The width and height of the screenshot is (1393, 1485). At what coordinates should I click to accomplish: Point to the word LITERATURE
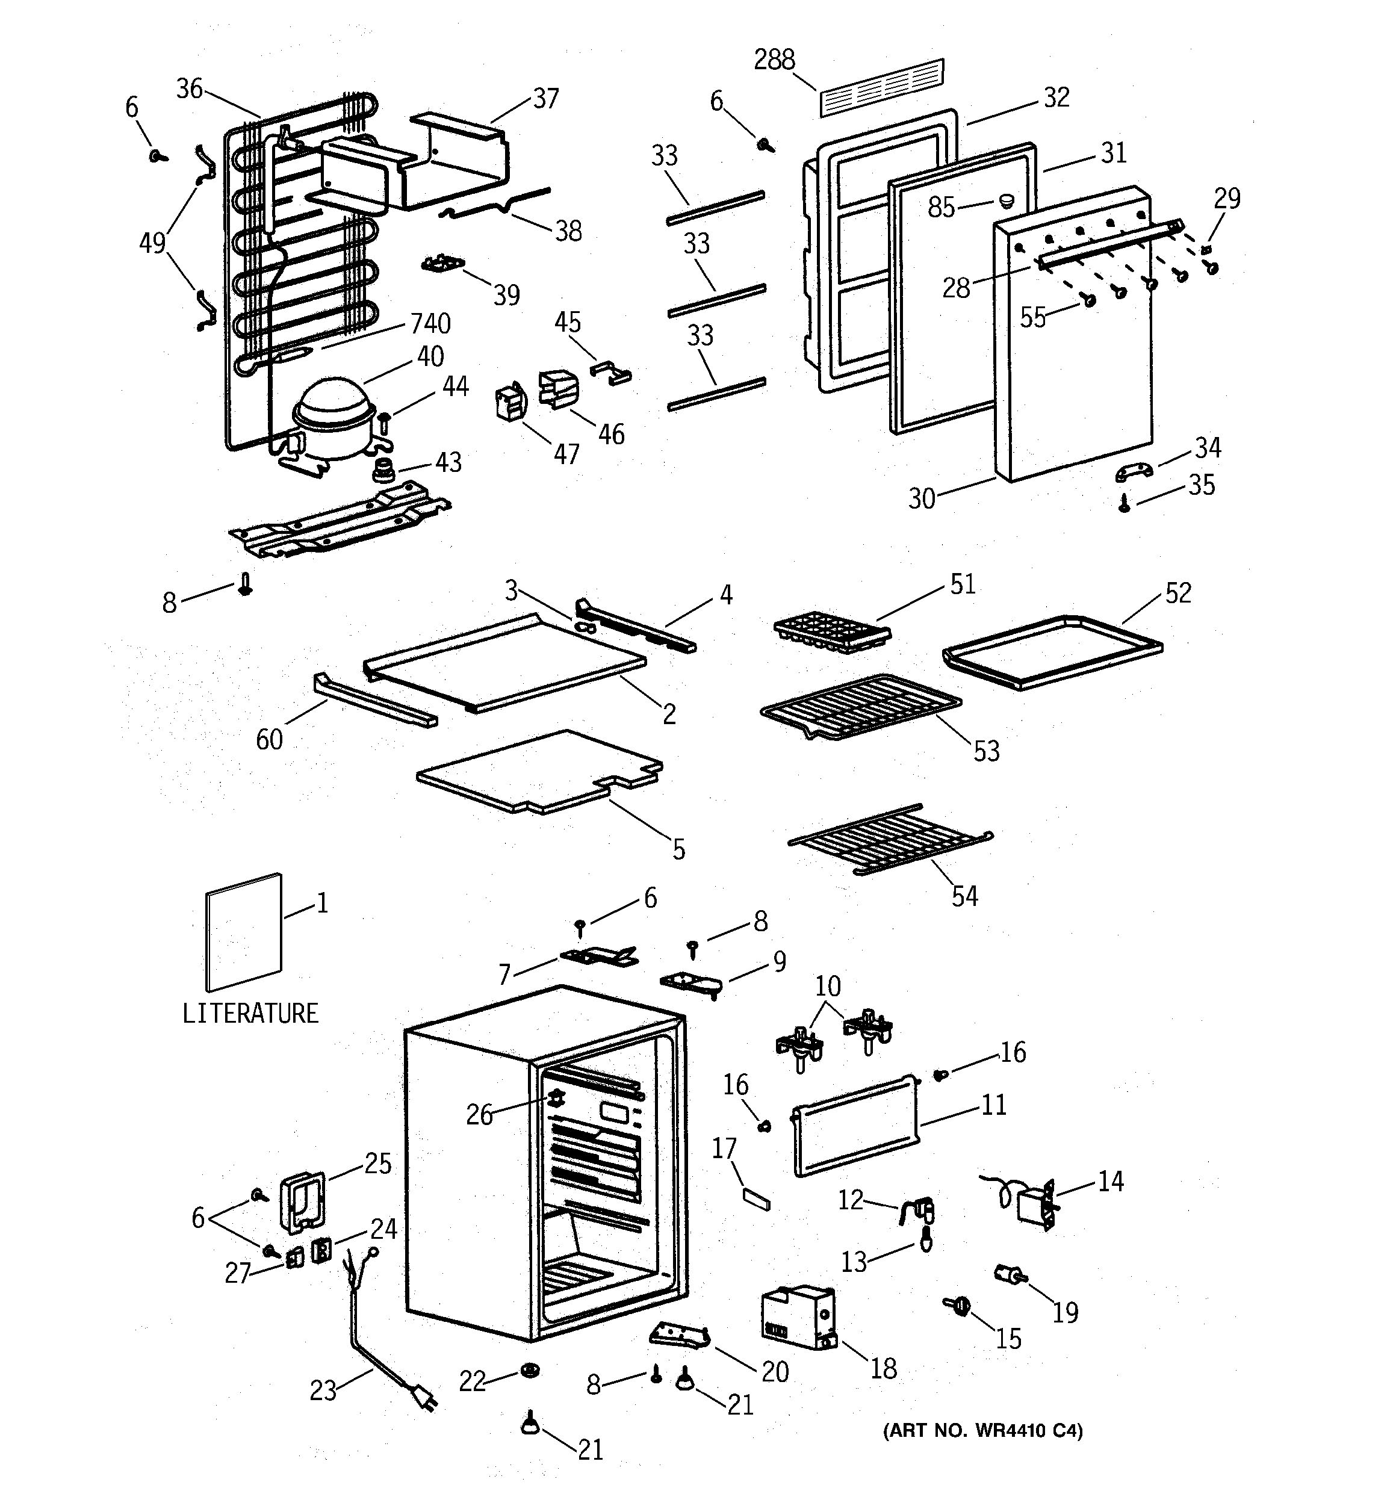tap(250, 1014)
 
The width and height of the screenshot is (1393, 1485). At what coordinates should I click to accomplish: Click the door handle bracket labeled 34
tap(1134, 471)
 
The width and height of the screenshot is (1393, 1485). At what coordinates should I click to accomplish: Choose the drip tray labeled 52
tap(1053, 651)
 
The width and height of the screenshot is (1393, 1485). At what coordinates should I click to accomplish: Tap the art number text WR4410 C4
tap(982, 1430)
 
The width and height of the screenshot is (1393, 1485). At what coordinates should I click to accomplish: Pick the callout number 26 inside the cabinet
tap(480, 1114)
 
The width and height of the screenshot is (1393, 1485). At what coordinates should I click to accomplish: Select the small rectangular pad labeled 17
tap(756, 1200)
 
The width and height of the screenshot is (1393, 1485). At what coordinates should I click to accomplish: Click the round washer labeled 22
tap(530, 1370)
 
